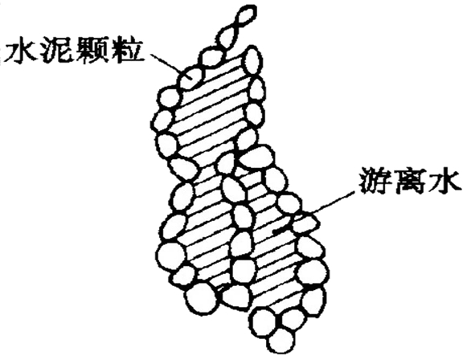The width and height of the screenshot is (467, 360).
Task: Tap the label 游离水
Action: point(411,182)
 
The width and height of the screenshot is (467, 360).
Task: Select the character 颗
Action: point(92,52)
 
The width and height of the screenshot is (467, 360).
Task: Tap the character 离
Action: point(411,182)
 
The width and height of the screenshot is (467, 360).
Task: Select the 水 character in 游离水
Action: point(445,182)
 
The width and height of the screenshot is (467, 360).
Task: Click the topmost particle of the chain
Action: point(245,16)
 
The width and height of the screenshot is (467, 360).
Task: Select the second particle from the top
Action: point(228,36)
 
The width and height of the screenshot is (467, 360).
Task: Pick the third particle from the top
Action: point(211,56)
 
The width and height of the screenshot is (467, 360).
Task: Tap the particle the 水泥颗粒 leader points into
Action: point(190,78)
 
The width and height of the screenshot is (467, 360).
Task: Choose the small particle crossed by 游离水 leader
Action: point(306,224)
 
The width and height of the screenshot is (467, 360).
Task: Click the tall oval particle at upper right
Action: point(253,61)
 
